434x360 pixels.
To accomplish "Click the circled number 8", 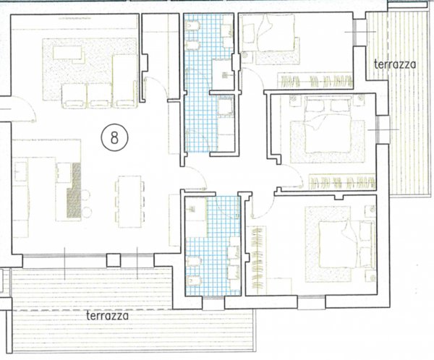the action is tap(114, 137).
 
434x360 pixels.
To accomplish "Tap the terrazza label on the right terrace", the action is tap(395, 64).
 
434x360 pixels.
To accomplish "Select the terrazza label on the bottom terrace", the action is tap(108, 316).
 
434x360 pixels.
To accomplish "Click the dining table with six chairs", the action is tap(129, 202).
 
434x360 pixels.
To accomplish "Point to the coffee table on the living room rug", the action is tap(67, 53).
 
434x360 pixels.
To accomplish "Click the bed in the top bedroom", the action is tap(276, 33).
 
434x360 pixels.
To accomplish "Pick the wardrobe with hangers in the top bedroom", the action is tap(315, 80).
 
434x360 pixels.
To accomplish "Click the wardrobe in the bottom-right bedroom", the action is tap(257, 260).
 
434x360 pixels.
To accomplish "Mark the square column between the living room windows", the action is tap(114, 260).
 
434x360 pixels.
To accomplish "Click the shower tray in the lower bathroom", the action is tap(196, 216).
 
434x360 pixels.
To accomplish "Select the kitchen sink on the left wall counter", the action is tap(20, 171).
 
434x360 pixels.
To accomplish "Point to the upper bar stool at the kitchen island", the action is tap(86, 194).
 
